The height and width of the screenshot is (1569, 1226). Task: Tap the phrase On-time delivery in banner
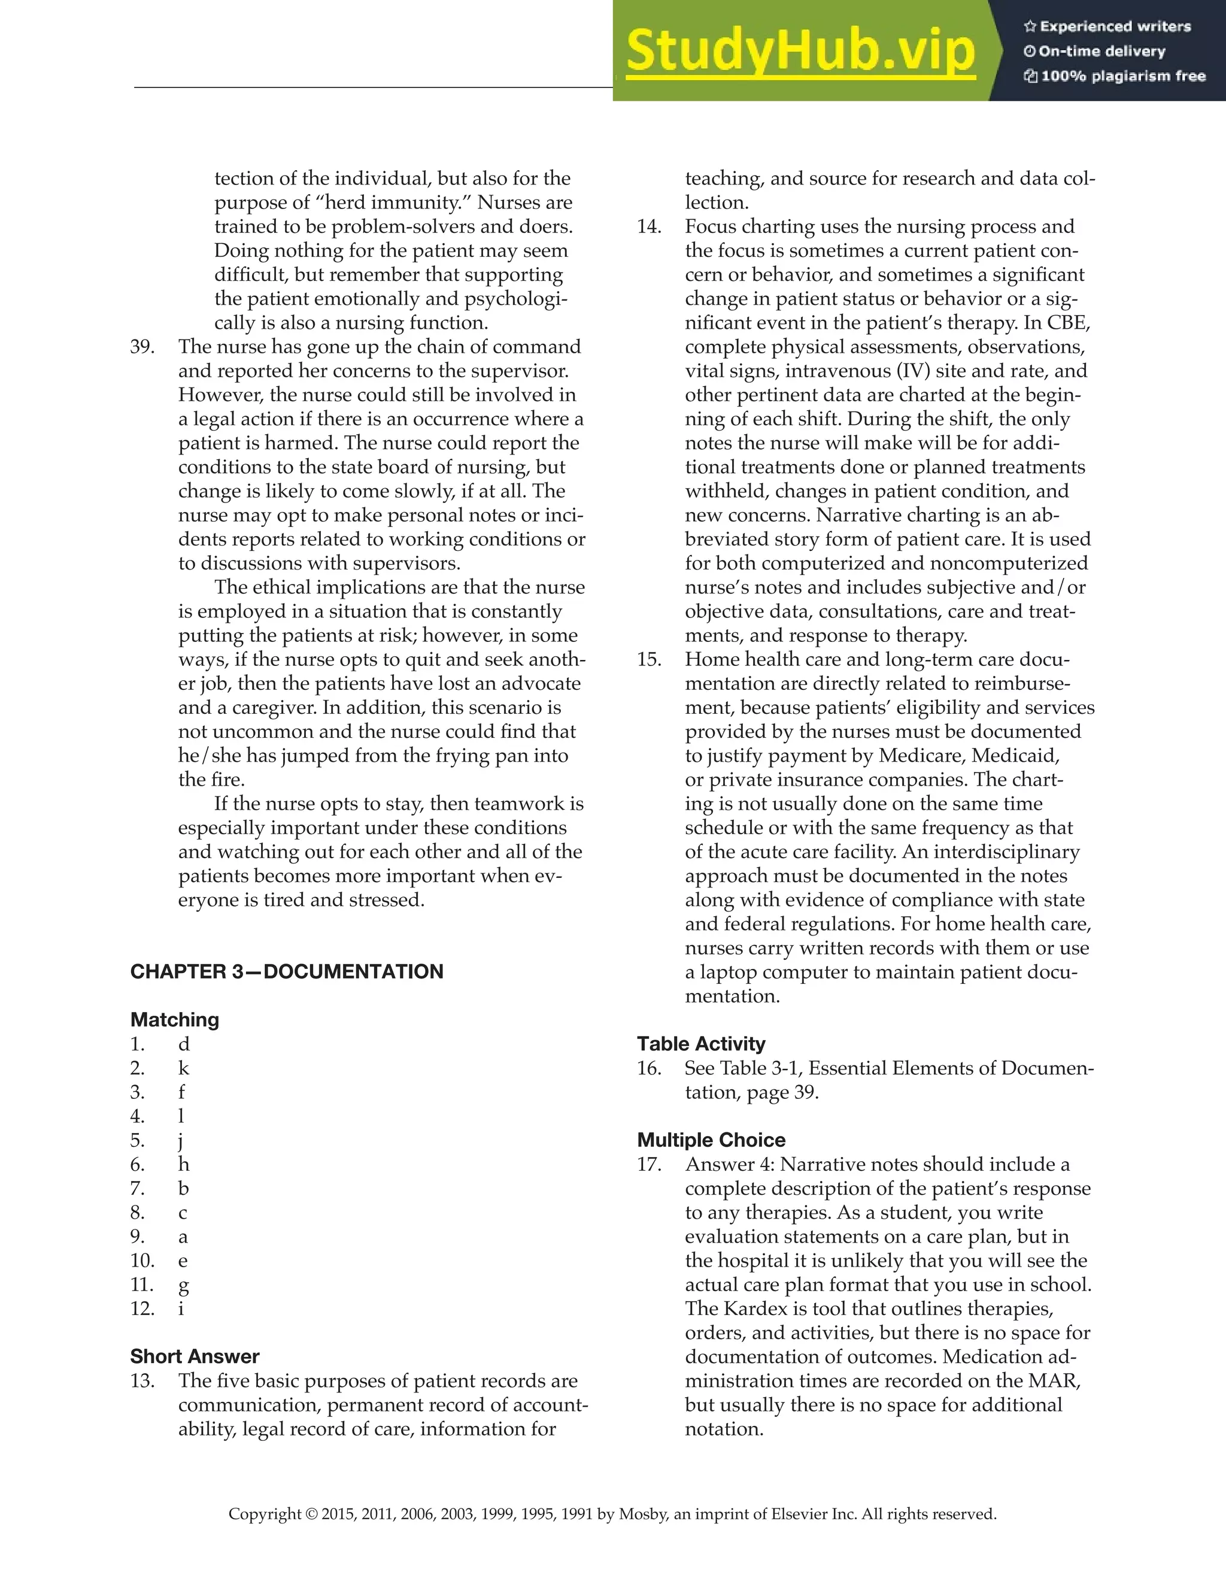(x=1101, y=51)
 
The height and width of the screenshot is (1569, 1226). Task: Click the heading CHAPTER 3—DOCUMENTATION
(x=287, y=971)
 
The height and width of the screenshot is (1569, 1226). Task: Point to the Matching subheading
(x=175, y=1019)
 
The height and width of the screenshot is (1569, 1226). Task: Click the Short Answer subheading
(x=195, y=1356)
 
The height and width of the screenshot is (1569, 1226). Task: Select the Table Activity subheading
(x=701, y=1043)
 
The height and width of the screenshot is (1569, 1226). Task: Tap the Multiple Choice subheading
(x=711, y=1140)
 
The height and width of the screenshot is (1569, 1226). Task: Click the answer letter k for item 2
(x=184, y=1068)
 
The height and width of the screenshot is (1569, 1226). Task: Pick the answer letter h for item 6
(x=184, y=1165)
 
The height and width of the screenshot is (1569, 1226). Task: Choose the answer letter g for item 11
(x=183, y=1285)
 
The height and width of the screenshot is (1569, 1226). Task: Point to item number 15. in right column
(x=650, y=659)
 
